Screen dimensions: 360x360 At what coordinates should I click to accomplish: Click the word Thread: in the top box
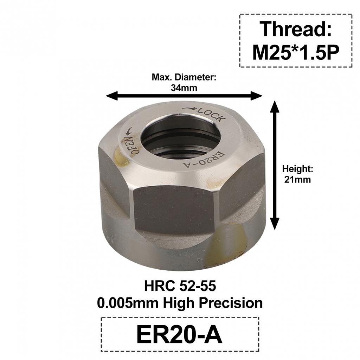coord(296,29)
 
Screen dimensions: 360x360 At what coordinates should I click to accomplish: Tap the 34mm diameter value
coord(184,88)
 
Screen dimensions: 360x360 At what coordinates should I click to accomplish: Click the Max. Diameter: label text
coord(184,77)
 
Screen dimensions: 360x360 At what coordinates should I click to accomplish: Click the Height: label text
coord(297,169)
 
